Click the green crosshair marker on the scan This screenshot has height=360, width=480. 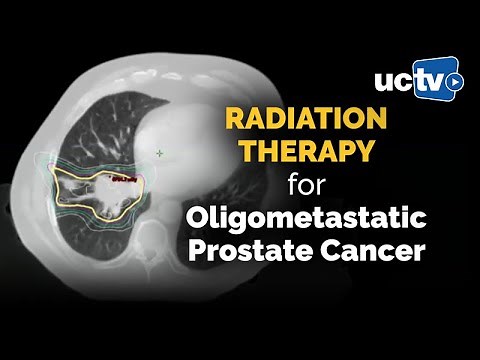pos(159,153)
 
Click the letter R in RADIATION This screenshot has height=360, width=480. pos(234,120)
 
